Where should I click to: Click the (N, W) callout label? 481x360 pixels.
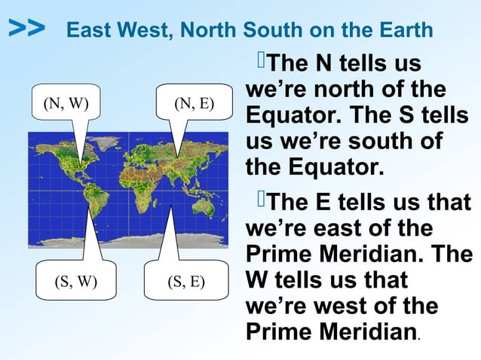[63, 103]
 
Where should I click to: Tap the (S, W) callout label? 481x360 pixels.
[75, 282]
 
